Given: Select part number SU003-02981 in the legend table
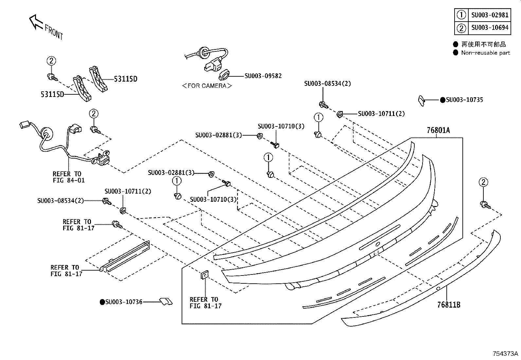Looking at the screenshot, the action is (490, 15).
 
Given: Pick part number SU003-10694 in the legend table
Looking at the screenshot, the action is (490, 28).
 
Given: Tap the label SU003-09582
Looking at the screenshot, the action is (263, 76).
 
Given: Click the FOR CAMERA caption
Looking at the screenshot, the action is (207, 86).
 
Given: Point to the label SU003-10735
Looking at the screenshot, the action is (464, 100).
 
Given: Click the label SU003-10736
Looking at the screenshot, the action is (124, 302).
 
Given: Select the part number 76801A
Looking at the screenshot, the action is (438, 130).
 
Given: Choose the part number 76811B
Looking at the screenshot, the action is (449, 305).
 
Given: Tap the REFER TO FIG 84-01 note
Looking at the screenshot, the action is (69, 177).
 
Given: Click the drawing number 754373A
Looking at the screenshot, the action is (505, 353).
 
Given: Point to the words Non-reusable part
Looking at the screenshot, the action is (486, 53).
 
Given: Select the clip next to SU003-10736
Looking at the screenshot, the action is (166, 301).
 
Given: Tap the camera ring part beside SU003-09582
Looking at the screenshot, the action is (224, 74).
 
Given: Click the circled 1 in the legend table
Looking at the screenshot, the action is (461, 15).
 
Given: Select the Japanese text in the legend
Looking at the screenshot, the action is (484, 44).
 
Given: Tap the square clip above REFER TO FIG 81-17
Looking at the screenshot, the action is (205, 275).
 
